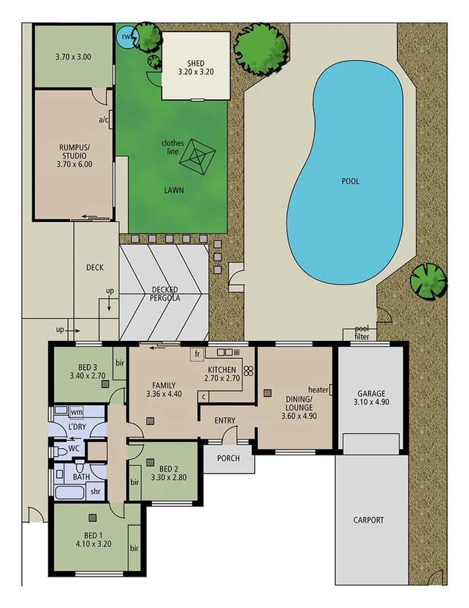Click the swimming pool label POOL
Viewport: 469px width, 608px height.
pos(350,181)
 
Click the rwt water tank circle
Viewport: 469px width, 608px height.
pos(128,36)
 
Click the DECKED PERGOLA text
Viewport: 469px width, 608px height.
pos(166,293)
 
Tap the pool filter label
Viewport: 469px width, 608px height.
pos(362,333)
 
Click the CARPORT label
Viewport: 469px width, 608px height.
pos(369,520)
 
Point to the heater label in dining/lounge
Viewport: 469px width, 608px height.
pos(318,389)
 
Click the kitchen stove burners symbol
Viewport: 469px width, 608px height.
pos(248,370)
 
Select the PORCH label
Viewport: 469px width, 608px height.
pos(228,461)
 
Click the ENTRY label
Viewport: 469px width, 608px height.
pos(224,420)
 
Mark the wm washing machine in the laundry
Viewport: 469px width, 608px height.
pos(76,412)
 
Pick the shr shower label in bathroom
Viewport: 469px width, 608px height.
pos(95,490)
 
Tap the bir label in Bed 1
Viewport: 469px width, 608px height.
pos(134,547)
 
